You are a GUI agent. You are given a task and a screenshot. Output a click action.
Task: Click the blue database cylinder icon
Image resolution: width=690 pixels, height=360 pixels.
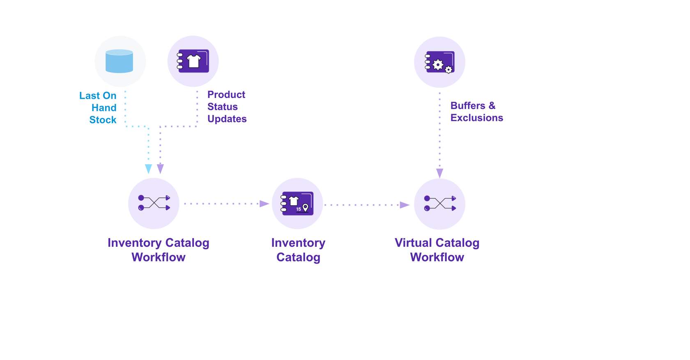click(119, 61)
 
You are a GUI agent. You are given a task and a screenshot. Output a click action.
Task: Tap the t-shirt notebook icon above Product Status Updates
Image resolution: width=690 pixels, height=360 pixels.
click(193, 61)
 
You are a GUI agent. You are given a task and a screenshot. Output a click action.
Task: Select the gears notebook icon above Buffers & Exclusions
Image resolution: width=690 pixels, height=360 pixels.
click(439, 62)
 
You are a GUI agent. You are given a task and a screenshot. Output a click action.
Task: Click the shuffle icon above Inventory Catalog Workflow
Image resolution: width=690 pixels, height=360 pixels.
click(154, 203)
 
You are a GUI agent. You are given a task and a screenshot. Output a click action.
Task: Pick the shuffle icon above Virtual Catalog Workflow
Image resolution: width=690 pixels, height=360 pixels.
click(439, 204)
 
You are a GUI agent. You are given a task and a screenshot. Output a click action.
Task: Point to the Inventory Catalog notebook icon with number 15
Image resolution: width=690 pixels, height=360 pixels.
click(297, 203)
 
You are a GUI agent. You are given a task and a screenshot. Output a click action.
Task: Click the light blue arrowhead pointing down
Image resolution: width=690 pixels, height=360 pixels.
click(149, 169)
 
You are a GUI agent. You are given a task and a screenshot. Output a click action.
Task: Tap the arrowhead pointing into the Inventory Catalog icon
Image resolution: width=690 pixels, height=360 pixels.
click(264, 204)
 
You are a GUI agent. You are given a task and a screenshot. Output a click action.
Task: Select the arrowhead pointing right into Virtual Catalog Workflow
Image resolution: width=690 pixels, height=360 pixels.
click(405, 205)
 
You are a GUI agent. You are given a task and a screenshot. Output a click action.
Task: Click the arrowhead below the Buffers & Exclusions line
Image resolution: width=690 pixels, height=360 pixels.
click(439, 173)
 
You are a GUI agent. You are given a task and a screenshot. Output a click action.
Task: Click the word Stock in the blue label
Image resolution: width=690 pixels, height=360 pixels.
click(103, 120)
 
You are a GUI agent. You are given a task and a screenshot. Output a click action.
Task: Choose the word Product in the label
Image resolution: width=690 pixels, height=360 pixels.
click(226, 95)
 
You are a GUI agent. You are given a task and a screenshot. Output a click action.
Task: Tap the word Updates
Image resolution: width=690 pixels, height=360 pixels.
click(227, 119)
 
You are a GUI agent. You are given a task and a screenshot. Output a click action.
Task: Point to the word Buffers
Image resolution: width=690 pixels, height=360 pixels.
click(468, 105)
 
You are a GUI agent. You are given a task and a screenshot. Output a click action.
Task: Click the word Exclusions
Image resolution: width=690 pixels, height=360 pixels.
click(477, 118)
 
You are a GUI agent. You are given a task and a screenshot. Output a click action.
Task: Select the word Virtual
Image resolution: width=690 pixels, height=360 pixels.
click(413, 243)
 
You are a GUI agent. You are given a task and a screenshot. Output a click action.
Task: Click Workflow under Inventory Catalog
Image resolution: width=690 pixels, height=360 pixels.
click(159, 257)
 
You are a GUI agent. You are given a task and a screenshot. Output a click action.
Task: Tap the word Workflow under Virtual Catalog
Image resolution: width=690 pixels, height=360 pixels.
click(437, 257)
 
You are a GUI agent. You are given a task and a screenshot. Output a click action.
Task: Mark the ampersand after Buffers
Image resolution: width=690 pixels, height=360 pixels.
click(492, 105)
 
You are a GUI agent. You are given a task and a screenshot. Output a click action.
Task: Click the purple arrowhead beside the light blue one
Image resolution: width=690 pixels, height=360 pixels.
click(161, 169)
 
